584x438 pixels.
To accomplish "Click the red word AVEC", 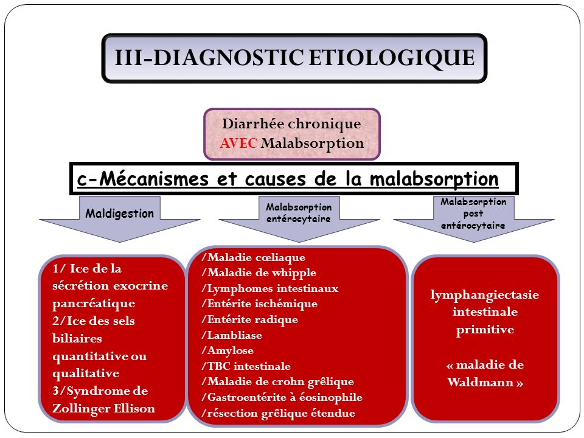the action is coord(238,143).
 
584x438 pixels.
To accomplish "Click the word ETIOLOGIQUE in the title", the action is coord(392,58).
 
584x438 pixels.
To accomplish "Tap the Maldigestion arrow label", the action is coord(120,214).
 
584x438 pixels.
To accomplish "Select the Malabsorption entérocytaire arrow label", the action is coord(299,213).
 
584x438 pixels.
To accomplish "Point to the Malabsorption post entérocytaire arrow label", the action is coord(473,214).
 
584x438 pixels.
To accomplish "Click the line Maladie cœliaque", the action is coord(253,257).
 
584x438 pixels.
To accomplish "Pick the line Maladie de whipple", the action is coord(259,273).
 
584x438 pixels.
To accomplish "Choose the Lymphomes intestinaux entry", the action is coord(270,288).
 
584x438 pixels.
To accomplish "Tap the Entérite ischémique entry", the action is coord(260,304).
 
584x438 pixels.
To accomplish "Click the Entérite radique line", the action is coord(249,319).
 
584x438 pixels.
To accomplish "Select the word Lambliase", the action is coord(235,335).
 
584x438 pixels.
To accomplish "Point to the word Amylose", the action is coord(231,351).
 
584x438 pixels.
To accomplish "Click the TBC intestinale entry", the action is coord(246,366).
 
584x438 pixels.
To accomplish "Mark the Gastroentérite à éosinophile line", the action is coord(282,397).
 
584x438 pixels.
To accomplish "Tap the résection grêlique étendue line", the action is coord(278,413).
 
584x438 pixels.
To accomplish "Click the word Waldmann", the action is coord(481,382).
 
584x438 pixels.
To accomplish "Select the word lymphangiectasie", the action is coord(485,295).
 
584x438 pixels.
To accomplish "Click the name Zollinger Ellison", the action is coord(103,409).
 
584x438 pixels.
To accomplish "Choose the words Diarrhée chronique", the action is coord(291,123).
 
